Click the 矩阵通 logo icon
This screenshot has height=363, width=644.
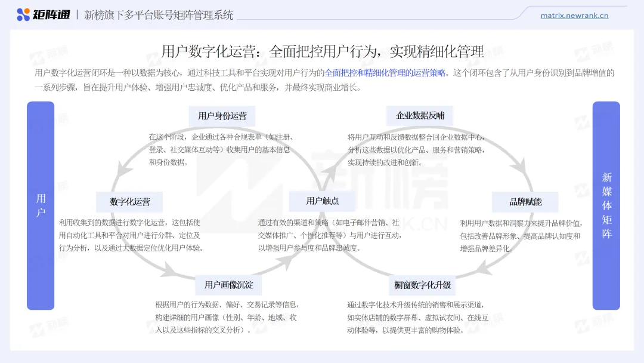point(23,15)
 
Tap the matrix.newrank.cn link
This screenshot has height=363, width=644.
point(574,16)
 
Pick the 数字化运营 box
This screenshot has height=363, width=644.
point(130,202)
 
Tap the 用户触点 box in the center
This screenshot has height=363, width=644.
point(322,201)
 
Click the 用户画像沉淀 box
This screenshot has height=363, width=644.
point(228,285)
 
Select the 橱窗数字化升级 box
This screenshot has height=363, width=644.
point(422,285)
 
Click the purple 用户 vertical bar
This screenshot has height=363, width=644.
point(41,205)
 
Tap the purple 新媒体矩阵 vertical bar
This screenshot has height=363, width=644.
point(606,205)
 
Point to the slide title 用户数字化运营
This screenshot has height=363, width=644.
point(322,51)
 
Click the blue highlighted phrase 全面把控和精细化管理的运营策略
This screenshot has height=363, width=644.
point(385,73)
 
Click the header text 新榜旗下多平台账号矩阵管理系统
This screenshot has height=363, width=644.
point(159,15)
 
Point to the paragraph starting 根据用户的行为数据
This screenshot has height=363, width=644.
point(227,317)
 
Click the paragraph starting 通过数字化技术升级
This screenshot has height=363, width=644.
point(417,317)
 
